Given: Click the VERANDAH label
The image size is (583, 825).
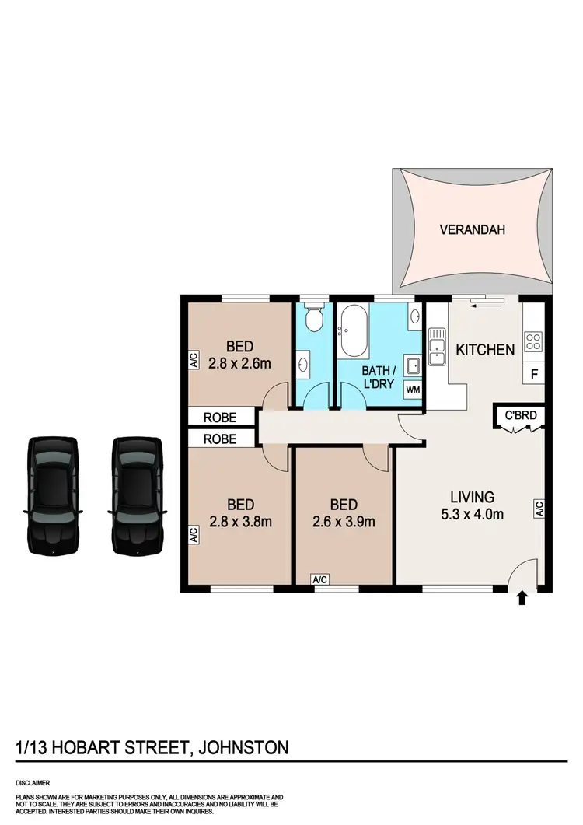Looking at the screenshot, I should [x=472, y=229].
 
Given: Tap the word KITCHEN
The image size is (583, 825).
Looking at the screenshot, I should [x=485, y=349].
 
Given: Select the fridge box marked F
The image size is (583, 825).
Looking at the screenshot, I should [x=533, y=374].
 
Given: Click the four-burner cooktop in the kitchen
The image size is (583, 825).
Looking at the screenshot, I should [x=533, y=342].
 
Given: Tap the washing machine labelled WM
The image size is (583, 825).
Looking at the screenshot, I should [x=413, y=389].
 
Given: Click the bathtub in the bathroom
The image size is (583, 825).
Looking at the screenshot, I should [x=354, y=327].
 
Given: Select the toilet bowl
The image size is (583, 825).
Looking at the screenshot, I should [x=314, y=318].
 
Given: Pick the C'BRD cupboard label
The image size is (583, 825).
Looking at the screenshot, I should [x=521, y=414].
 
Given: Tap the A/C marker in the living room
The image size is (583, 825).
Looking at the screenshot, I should [x=538, y=509].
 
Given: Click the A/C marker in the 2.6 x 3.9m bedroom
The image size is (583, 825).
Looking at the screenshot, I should [x=319, y=579].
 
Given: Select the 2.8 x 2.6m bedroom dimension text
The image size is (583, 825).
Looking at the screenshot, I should [x=241, y=363].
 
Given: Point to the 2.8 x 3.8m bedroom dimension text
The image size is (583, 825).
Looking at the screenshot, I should [x=241, y=522].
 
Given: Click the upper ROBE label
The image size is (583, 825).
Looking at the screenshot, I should [x=220, y=417].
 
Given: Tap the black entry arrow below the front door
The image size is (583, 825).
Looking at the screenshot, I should [x=522, y=598].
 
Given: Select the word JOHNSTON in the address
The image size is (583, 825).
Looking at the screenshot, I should [x=244, y=748].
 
